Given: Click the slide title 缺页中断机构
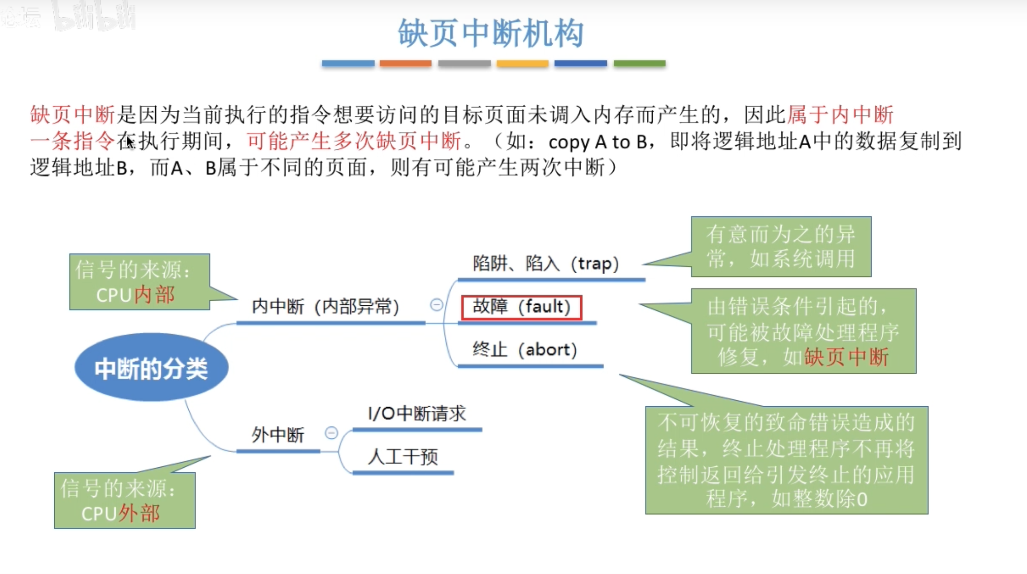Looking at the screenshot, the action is (491, 33).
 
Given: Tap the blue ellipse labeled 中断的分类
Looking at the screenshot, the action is (151, 368).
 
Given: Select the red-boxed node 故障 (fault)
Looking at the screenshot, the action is (521, 307).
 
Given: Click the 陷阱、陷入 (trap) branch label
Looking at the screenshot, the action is (545, 264).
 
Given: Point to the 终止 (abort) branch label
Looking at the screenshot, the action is (525, 350).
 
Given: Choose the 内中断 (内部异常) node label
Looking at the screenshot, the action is (325, 307).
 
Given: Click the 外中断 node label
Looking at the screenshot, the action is (277, 435).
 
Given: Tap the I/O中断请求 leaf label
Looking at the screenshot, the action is (417, 413).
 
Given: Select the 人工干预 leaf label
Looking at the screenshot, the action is (403, 457).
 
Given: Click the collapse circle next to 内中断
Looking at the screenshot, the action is (436, 305).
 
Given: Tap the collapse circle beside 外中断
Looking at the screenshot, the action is (331, 433).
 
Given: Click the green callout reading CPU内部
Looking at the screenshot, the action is (139, 282).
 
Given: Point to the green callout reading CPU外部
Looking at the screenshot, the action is (124, 500).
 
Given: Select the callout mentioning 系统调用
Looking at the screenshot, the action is (781, 247).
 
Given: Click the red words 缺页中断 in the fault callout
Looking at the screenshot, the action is (846, 357).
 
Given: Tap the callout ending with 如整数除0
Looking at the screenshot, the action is (787, 460).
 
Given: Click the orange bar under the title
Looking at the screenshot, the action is (405, 63).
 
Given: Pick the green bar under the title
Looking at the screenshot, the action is (639, 63).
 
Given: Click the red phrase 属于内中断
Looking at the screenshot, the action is (840, 114).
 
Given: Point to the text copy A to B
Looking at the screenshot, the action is (597, 142).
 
